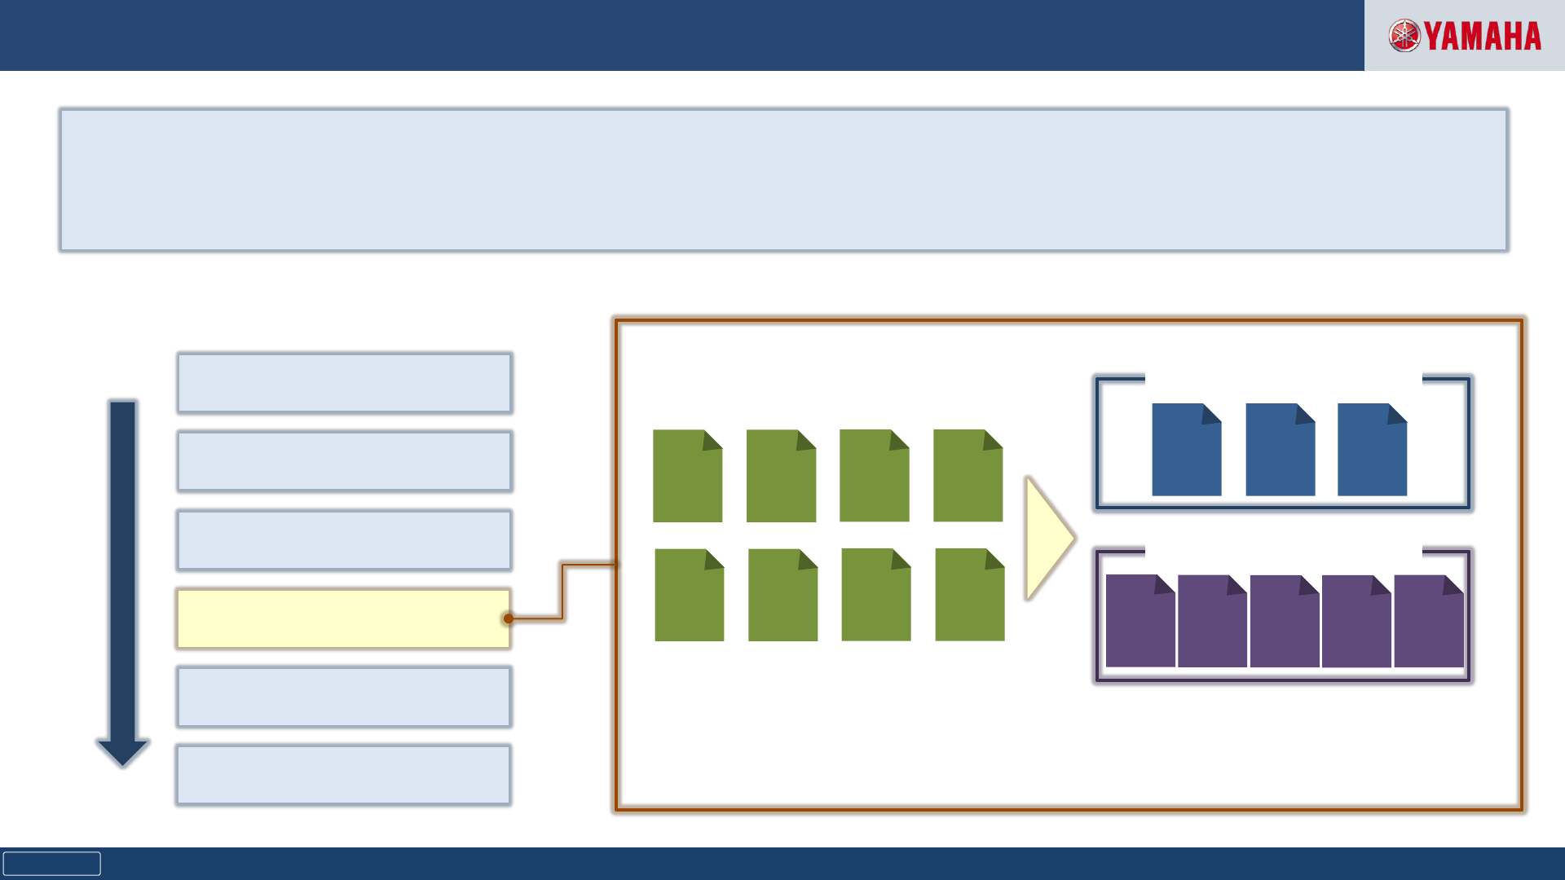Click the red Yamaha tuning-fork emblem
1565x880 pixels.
pos(1404,36)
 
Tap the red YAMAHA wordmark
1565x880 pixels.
pos(1483,37)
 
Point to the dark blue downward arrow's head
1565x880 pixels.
pos(123,751)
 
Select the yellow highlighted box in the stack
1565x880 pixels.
pos(343,618)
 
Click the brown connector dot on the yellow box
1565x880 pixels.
pos(509,618)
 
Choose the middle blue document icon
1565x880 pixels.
pos(1280,450)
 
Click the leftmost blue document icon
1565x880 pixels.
pos(1186,450)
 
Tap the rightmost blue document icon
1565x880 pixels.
pos(1372,450)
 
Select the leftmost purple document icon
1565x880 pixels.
pos(1140,621)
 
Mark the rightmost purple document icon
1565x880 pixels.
pos(1429,621)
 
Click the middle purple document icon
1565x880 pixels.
pos(1285,621)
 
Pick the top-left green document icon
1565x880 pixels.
pos(687,476)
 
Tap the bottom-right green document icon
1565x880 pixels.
pos(969,595)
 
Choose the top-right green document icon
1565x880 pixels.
pos(968,476)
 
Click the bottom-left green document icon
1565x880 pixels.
pos(689,595)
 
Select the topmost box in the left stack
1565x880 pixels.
pos(344,383)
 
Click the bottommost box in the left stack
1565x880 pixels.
pos(343,775)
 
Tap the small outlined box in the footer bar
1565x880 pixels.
pos(51,864)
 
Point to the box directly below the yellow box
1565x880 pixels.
pos(343,697)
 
